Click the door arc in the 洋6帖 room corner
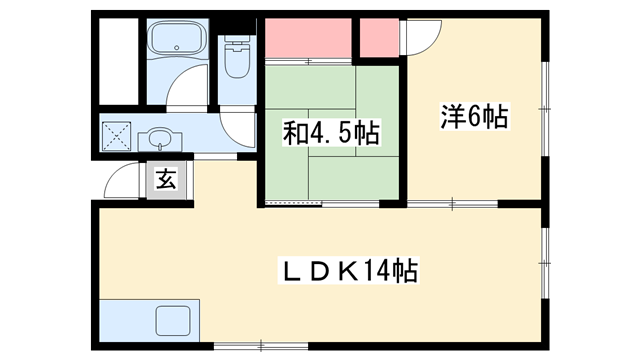tap(422, 38)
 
